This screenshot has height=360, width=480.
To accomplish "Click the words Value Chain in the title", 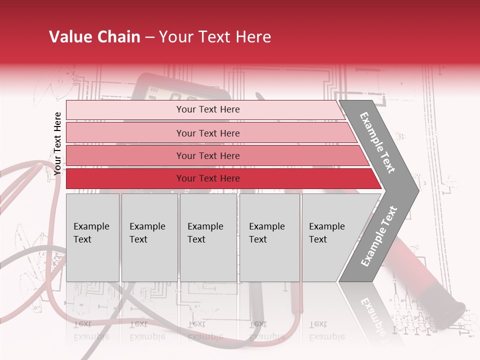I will click(94, 37).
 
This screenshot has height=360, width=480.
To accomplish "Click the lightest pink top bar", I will click(125, 110).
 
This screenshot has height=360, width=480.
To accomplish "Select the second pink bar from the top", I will click(125, 133).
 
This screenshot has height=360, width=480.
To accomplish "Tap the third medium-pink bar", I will click(125, 155).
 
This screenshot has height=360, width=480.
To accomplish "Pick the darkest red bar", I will click(125, 178).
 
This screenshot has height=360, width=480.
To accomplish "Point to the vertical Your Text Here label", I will click(57, 144).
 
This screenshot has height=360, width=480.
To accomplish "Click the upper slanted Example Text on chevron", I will click(377, 142).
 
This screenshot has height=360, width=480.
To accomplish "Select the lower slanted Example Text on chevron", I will click(378, 236).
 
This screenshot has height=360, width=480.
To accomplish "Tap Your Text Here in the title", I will click(215, 37).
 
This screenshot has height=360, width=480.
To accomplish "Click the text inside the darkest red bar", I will click(208, 178).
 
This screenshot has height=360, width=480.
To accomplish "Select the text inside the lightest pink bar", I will click(208, 109).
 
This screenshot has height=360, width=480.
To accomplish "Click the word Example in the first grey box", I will click(91, 226).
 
